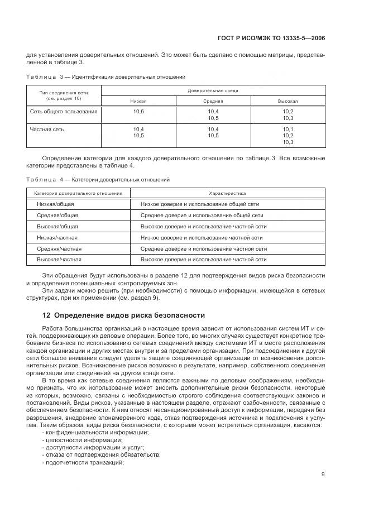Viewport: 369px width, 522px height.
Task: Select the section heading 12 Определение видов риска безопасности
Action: point(124,315)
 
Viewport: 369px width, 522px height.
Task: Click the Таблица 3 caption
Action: point(106,76)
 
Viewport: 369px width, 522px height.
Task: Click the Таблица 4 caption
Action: point(98,180)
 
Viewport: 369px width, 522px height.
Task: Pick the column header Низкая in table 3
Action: point(138,101)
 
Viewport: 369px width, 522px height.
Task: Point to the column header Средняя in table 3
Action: point(213,101)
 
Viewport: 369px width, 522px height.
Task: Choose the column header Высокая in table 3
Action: point(287,101)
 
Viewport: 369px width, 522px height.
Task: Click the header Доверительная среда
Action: point(213,89)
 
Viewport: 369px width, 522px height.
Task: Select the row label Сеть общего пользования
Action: point(63,112)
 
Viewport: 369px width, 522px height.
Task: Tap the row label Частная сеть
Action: point(47,129)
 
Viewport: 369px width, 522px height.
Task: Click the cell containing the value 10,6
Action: point(138,112)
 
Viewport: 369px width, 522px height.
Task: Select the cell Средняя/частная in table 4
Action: point(59,248)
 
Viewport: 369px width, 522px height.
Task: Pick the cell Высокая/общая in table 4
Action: point(57,227)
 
